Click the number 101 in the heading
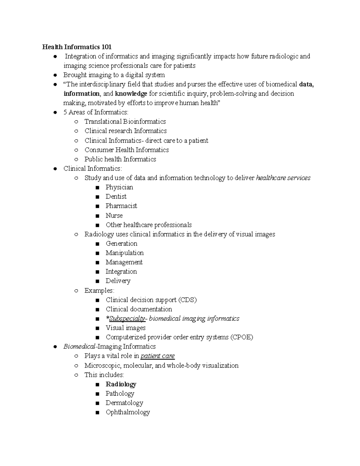pos(106,47)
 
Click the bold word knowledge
pos(131,94)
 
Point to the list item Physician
pos(119,187)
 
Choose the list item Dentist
pos(116,197)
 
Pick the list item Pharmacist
pos(121,206)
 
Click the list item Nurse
pos(114,215)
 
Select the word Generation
pos(121,243)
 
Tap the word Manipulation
pos(124,253)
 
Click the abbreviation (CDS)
pos(187,300)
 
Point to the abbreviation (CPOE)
pos(241,337)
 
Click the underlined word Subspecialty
pos(127,318)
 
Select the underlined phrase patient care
pos(157,356)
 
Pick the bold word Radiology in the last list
pos(121,384)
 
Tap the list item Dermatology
pos(124,403)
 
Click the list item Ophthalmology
pos(127,412)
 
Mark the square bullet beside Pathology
pos(97,394)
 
